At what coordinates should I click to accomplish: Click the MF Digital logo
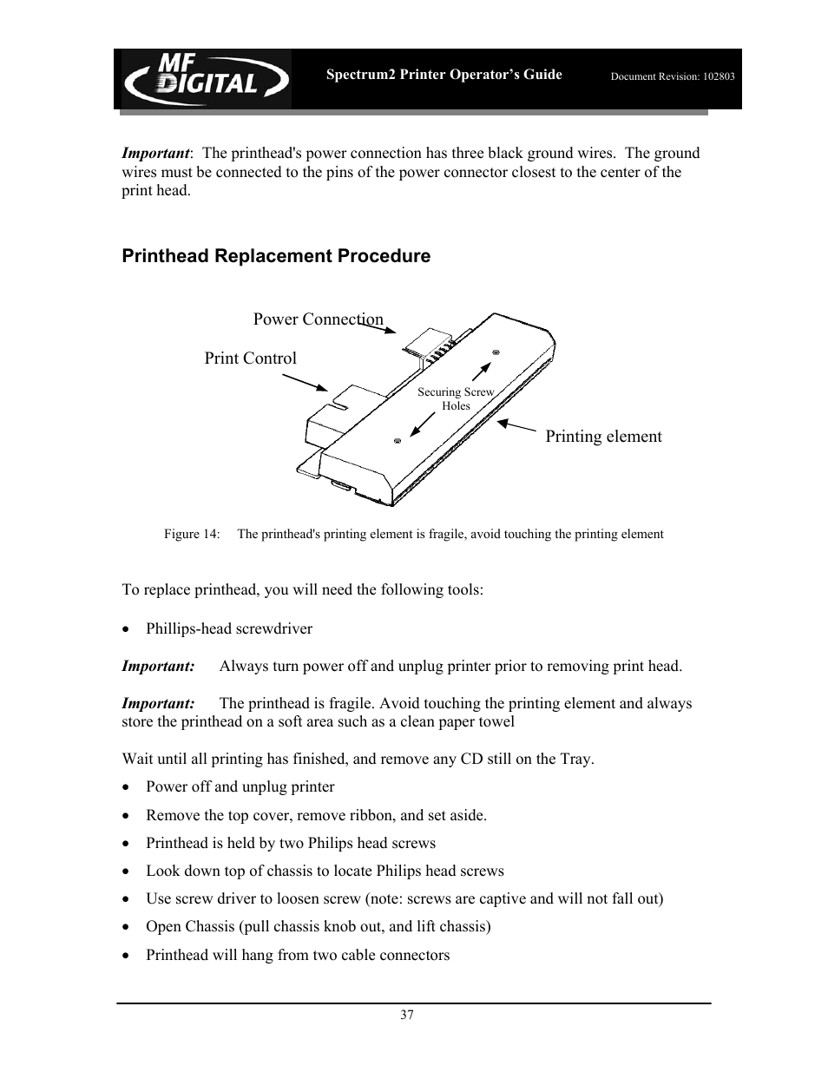click(x=205, y=78)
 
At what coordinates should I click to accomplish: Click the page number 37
click(x=407, y=1016)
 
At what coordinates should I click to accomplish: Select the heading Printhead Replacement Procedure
click(x=276, y=256)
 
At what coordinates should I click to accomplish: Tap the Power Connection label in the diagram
click(x=318, y=319)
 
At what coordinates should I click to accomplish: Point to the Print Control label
click(x=250, y=358)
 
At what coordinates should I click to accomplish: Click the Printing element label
click(x=603, y=437)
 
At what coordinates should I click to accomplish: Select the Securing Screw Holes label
click(x=456, y=398)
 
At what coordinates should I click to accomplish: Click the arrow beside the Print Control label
click(x=306, y=383)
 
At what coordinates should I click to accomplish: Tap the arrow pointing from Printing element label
click(x=517, y=426)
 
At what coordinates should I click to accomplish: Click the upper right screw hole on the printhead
click(x=496, y=352)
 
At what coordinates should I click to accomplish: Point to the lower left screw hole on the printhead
click(x=397, y=441)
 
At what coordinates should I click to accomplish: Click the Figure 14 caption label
click(x=192, y=535)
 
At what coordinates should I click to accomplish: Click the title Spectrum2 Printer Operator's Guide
click(x=444, y=75)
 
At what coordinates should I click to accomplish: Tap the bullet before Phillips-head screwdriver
click(x=128, y=629)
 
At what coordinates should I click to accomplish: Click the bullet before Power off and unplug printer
click(x=128, y=787)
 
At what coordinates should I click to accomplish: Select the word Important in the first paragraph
click(x=155, y=154)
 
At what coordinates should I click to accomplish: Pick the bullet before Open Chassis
click(x=128, y=927)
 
